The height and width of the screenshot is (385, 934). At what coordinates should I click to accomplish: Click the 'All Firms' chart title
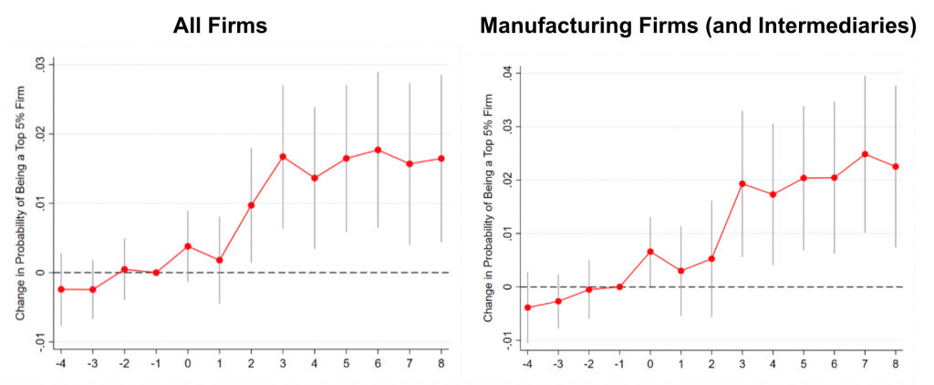click(222, 26)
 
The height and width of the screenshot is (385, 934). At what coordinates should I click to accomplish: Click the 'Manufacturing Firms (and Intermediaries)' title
click(698, 26)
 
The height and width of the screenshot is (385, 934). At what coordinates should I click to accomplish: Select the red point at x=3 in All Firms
click(283, 156)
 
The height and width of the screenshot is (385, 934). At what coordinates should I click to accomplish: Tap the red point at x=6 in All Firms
click(378, 150)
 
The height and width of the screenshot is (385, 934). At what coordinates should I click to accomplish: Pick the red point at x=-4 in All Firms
click(61, 289)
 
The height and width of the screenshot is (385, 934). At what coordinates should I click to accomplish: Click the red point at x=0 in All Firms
click(188, 246)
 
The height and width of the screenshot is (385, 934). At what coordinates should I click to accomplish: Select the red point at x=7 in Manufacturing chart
click(864, 154)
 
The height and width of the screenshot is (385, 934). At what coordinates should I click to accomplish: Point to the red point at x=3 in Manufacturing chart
click(742, 183)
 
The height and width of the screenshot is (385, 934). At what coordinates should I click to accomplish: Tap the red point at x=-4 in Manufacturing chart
click(527, 307)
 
